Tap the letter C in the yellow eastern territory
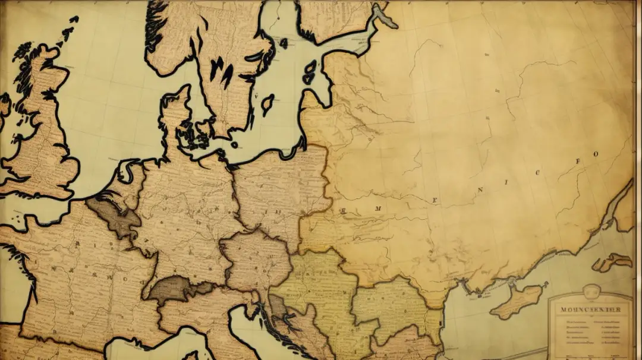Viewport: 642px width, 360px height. tap(538, 173)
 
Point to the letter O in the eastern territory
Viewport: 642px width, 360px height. tap(596, 153)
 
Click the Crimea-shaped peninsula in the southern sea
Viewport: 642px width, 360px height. tap(517, 300)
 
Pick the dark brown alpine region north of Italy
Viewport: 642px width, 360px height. tap(175, 289)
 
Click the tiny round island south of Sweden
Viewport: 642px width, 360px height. tap(234, 144)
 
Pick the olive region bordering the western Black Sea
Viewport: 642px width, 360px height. tap(392, 303)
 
